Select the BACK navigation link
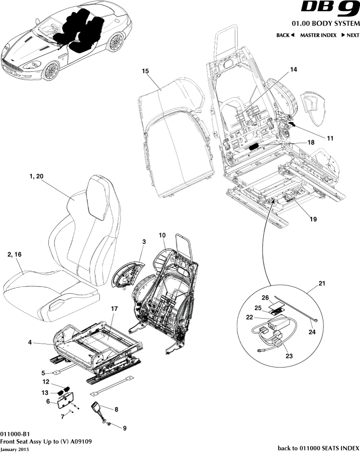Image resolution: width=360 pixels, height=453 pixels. point(285,35)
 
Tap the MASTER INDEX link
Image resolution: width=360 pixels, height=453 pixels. point(318,35)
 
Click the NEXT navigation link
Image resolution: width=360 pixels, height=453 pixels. point(350,35)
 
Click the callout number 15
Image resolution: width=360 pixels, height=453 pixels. point(145,71)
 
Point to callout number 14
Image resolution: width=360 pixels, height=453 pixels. point(293,70)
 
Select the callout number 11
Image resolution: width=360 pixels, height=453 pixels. point(330,139)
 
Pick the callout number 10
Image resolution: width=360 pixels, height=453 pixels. point(163,236)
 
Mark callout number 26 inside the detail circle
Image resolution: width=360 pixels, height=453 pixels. point(265,298)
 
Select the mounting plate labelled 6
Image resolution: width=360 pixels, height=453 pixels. point(65,401)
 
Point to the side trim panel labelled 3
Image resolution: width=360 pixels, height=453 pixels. point(128,276)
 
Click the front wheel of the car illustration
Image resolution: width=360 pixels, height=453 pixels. point(50,70)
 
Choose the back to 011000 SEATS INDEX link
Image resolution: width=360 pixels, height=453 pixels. point(318,448)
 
